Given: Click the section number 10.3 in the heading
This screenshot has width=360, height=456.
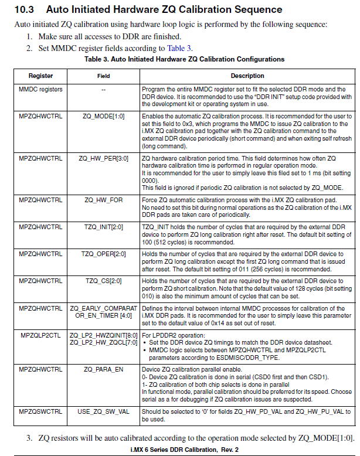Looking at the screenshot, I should tap(25, 9).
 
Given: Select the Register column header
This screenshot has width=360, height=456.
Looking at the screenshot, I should tap(40, 76).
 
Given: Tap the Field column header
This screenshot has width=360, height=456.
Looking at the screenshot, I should tap(103, 76).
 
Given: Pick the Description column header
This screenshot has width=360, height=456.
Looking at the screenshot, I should tap(247, 76).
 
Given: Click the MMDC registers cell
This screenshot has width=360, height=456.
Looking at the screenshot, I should tap(40, 90).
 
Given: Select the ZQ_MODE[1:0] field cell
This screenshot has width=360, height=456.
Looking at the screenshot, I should tap(103, 117).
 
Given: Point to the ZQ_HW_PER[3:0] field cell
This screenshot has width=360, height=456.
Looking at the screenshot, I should tap(103, 158).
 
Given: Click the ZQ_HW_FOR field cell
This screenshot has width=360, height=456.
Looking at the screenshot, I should tap(103, 200).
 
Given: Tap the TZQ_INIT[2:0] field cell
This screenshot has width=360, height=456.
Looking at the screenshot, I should tap(103, 226).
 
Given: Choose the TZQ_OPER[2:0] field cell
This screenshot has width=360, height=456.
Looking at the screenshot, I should tap(103, 253).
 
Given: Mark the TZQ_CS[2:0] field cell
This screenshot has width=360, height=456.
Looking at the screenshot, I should tap(103, 280).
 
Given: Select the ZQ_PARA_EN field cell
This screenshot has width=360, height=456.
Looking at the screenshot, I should tap(103, 370).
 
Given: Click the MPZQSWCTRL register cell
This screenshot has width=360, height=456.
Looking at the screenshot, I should tap(40, 411).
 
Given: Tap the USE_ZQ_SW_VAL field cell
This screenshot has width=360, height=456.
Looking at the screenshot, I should tap(103, 411).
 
